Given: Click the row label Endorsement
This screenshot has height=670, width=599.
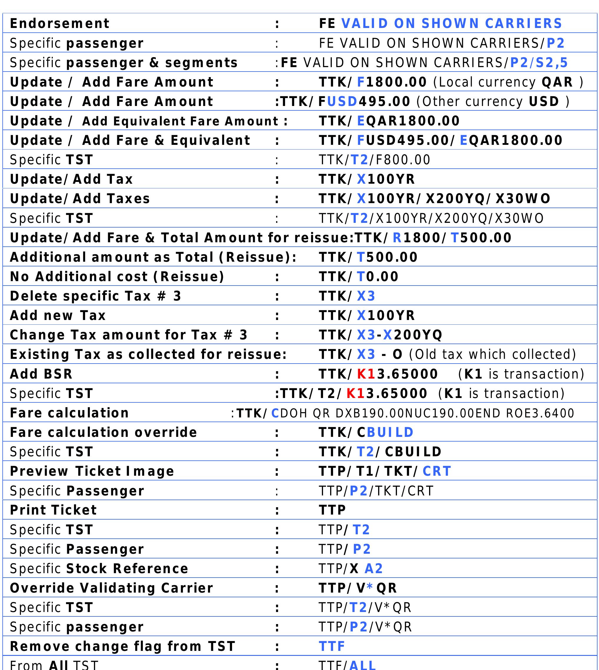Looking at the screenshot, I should point(59,23).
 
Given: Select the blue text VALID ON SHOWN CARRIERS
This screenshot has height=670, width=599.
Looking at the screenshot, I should point(451,23).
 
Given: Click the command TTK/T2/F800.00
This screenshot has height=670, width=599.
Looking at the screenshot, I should point(374,160).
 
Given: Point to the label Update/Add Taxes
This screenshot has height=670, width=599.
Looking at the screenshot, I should point(80,199).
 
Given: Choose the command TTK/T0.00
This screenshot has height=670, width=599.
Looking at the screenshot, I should point(358,277).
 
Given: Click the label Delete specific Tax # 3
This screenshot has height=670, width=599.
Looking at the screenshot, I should point(95,296).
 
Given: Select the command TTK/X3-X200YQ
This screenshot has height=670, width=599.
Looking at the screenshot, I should point(380,335).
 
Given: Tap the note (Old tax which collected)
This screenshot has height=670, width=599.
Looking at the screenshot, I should point(492,354).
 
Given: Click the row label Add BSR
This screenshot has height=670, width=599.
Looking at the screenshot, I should point(41,374).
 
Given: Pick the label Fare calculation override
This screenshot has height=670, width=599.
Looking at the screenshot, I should point(103,432).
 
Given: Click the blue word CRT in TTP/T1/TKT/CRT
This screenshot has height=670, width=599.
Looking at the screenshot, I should point(436,471).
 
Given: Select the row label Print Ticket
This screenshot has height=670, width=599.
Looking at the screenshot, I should point(53,510).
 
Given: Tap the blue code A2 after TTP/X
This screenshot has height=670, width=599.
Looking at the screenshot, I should point(373,568).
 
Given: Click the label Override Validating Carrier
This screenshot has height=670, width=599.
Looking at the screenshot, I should point(112,588).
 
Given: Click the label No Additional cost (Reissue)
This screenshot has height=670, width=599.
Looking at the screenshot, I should point(117,277).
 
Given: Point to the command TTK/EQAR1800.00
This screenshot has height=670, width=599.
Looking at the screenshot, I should point(389,121).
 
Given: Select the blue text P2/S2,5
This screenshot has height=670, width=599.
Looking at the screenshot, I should point(539,62).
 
